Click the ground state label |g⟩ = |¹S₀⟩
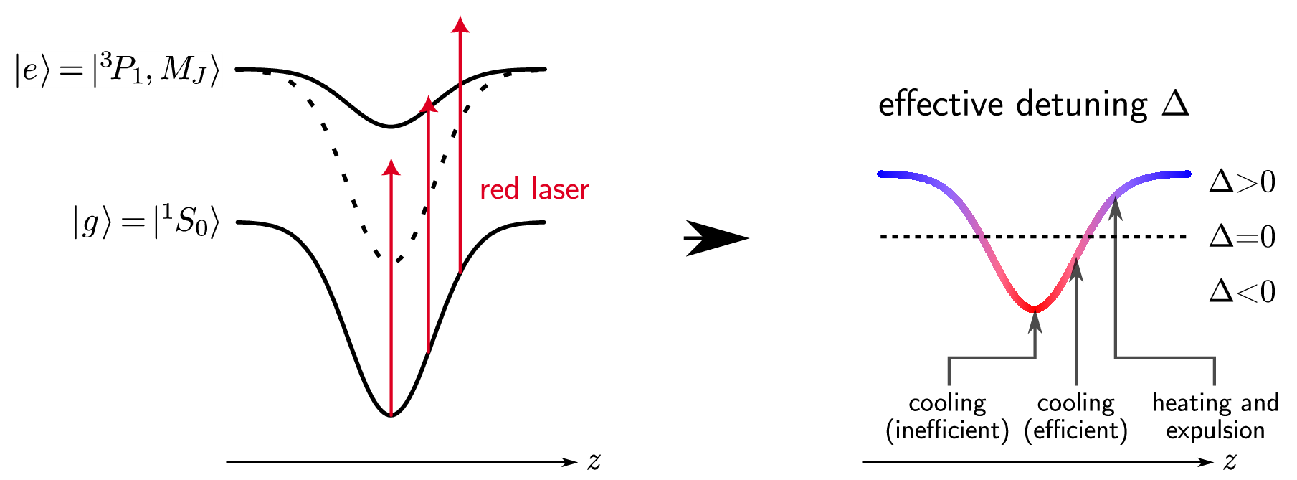[146, 222]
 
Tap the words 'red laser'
[534, 189]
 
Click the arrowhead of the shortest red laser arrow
[391, 167]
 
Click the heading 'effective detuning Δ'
[1033, 104]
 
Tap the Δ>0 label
[1243, 182]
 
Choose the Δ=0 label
[1243, 236]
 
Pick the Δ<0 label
[1243, 291]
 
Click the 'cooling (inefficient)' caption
[947, 417]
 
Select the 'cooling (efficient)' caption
[1075, 417]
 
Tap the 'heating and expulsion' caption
[1215, 416]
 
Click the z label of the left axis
[594, 461]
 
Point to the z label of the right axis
[1230, 461]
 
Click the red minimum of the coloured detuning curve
[1034, 309]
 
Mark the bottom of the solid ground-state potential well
[391, 415]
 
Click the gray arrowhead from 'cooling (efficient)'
[1076, 268]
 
